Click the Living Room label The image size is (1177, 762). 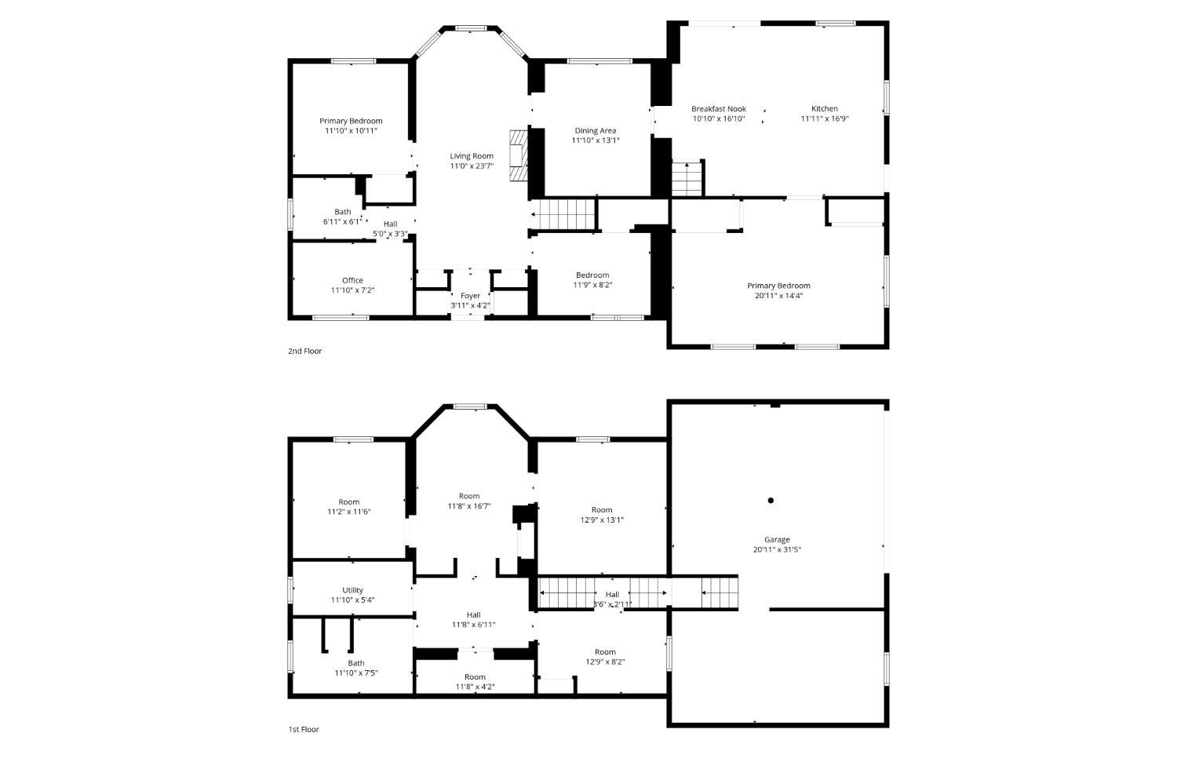coord(472,156)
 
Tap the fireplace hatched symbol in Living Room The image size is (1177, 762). coord(518,155)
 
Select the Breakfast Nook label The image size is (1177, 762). coord(718,109)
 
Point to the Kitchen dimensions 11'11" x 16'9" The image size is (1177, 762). coord(825,118)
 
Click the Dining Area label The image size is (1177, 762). coord(596,131)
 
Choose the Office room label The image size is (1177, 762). coord(352,281)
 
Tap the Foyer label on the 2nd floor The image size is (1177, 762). coord(470,296)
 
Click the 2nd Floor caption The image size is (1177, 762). coord(304,351)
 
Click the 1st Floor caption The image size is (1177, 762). coord(304,729)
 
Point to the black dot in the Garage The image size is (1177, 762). coord(771,501)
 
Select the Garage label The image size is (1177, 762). coord(777,540)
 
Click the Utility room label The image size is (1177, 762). coord(352,590)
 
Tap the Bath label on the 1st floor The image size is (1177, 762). coord(355,663)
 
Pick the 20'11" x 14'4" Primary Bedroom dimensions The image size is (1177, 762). coord(778,296)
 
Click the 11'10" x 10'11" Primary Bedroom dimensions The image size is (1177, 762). coord(351,131)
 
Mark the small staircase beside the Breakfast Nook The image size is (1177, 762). coord(687,177)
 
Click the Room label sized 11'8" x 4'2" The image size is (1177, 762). coord(475,677)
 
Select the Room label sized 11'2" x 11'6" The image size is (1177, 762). coord(349,502)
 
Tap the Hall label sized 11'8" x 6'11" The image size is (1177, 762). coord(473,614)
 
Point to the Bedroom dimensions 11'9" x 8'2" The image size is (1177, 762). coord(592,286)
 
